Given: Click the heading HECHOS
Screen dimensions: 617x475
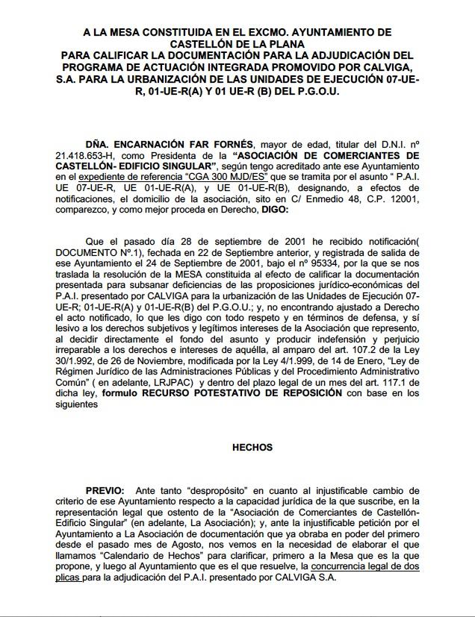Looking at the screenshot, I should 252,448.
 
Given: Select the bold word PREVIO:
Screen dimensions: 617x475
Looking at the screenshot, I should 105,491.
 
